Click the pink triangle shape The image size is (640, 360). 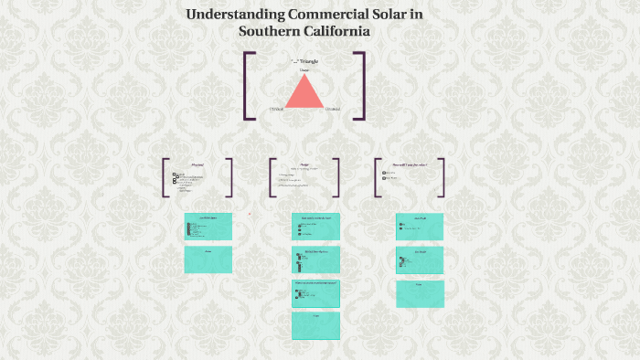(x=304, y=92)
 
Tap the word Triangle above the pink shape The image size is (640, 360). (x=307, y=61)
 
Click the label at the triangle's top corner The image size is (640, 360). (x=304, y=70)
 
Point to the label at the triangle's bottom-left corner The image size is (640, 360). (x=276, y=110)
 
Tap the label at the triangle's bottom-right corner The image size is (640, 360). (x=333, y=110)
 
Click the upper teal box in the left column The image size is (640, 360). (x=208, y=226)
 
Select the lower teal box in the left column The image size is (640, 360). (x=208, y=259)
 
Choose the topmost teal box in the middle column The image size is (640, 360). (x=315, y=227)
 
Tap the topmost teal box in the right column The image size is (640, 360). (x=420, y=227)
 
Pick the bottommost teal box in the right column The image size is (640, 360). (x=420, y=293)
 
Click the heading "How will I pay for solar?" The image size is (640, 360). (x=409, y=164)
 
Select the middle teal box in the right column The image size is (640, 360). (x=420, y=260)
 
